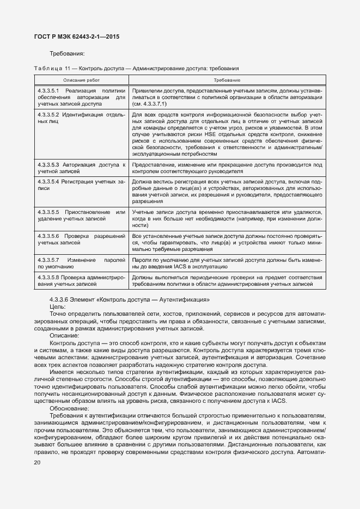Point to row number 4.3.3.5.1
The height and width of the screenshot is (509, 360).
pos(48,90)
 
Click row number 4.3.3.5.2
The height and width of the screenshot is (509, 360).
pos(48,115)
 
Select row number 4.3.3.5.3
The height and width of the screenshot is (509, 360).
pos(48,164)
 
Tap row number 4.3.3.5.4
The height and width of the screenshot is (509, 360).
pos(48,180)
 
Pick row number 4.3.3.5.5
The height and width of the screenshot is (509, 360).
pos(48,211)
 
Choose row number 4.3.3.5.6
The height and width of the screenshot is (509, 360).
pos(48,236)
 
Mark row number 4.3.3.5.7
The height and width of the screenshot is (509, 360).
pos(48,260)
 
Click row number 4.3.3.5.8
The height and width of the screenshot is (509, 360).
pos(48,277)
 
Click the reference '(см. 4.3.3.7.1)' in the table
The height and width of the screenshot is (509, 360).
pos(149,103)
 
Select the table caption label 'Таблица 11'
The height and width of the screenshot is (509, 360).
pos(52,68)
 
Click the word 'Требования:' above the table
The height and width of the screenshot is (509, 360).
pos(67,54)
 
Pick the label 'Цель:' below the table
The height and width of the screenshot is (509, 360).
pos(58,307)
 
